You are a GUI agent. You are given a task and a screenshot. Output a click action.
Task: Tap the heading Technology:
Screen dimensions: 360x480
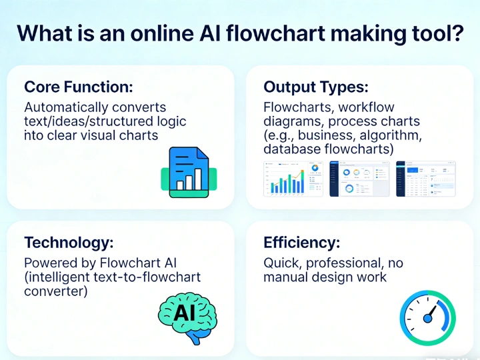click(x=68, y=242)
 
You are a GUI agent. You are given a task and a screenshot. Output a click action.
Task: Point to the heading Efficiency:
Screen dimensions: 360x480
click(x=302, y=242)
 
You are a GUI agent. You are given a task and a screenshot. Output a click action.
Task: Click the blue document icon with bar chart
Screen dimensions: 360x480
click(x=189, y=172)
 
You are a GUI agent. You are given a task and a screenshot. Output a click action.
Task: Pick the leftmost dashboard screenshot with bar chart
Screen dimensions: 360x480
click(x=293, y=178)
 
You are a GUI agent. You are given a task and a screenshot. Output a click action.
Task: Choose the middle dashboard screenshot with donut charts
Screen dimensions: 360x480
click(x=359, y=178)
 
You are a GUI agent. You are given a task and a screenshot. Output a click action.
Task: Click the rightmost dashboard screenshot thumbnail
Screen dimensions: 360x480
click(x=426, y=178)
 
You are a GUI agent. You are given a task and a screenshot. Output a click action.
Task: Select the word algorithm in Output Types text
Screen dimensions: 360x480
click(x=388, y=135)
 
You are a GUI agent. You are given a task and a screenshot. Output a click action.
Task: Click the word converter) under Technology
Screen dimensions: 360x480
click(x=56, y=291)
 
